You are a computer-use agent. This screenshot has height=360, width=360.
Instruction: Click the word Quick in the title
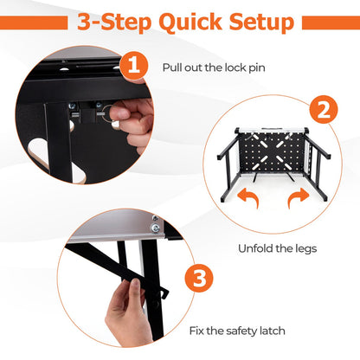181,22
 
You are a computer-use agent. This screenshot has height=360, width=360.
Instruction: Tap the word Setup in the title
255,22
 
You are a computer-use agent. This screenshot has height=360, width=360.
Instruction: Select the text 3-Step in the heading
110,22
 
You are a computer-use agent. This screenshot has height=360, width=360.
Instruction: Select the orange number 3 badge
199,280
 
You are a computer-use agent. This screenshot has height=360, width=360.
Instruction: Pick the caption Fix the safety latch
238,330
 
